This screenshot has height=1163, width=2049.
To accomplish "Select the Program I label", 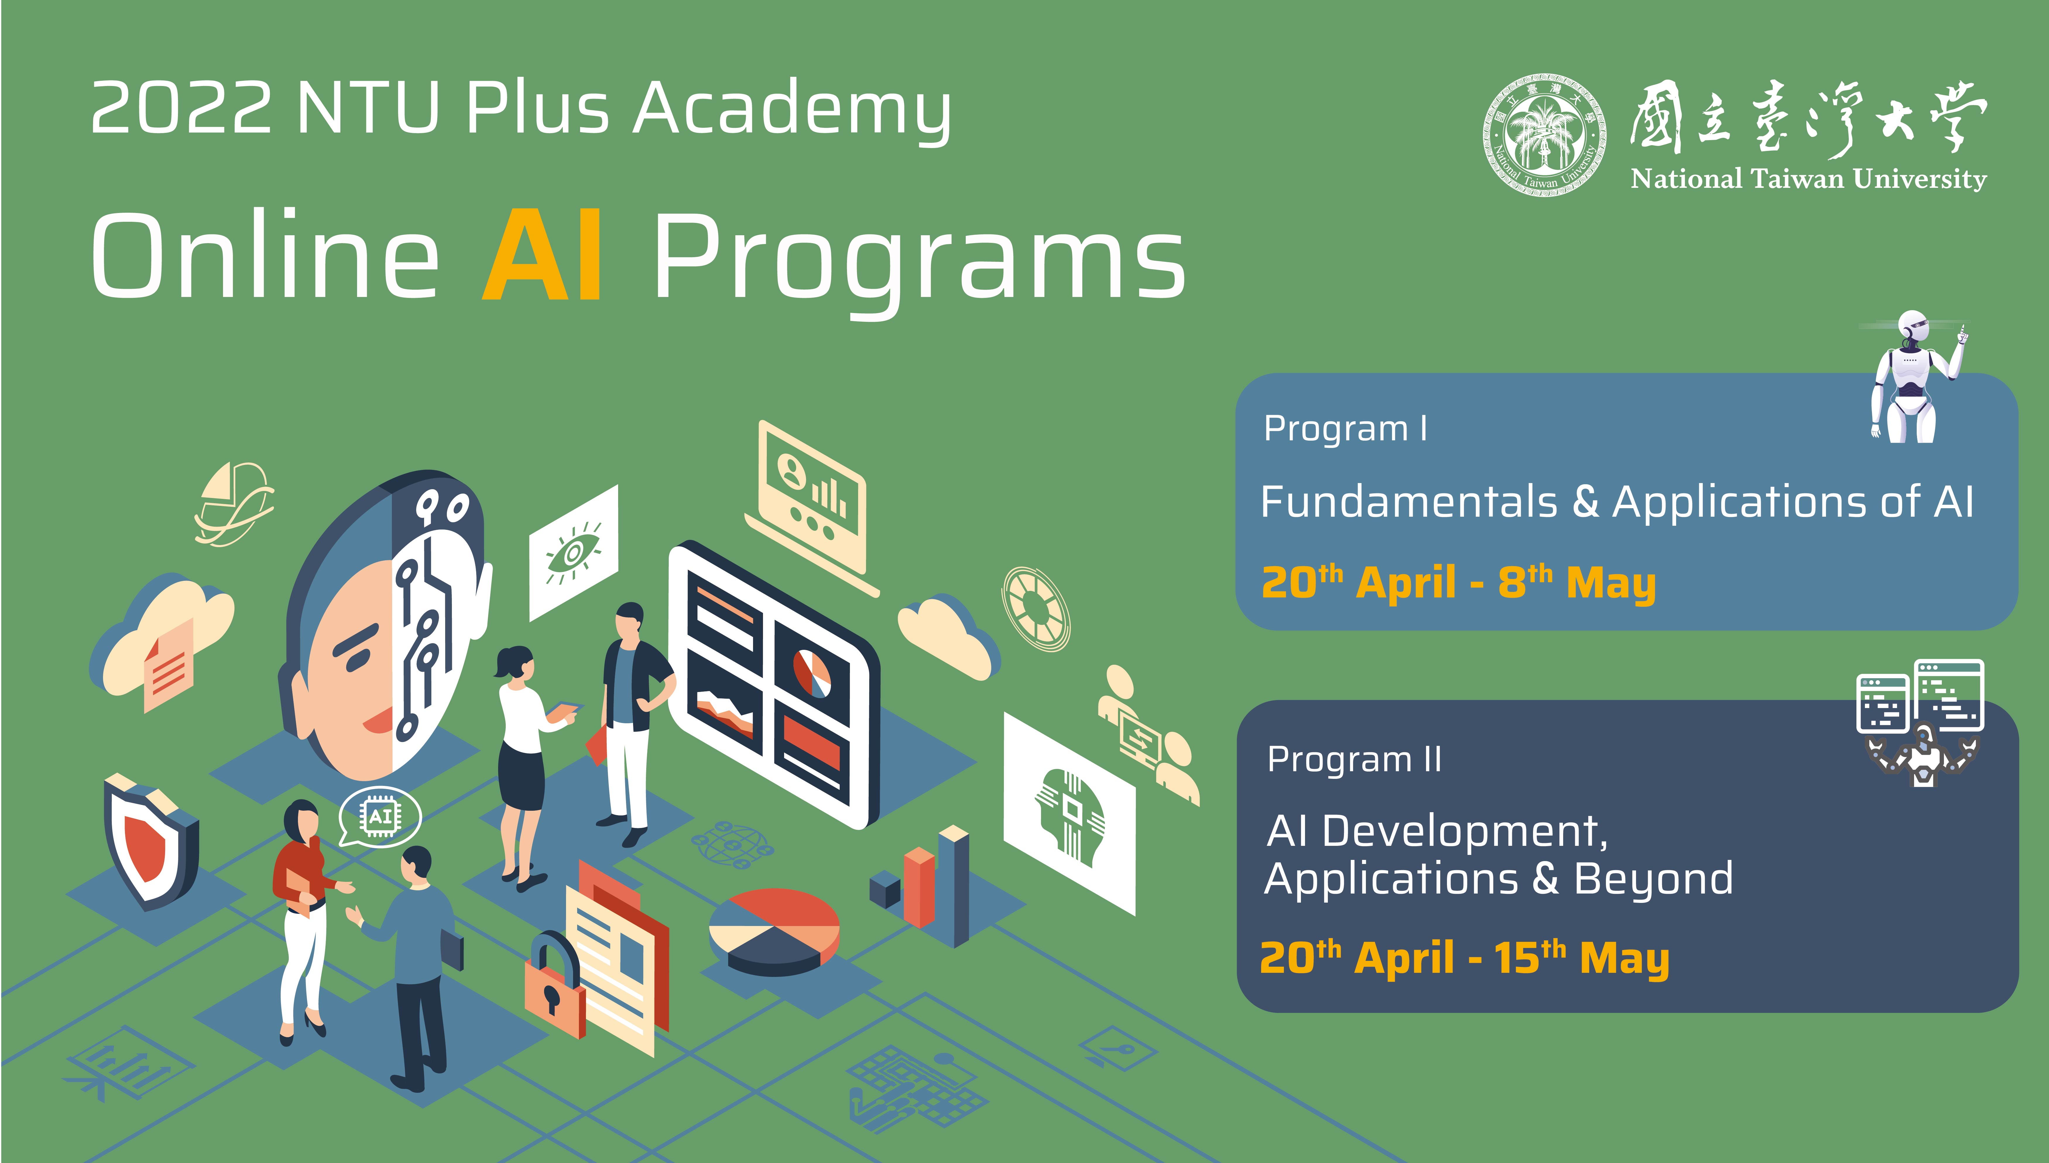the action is click(1345, 429).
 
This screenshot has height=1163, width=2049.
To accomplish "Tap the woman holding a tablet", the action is click(527, 767).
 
